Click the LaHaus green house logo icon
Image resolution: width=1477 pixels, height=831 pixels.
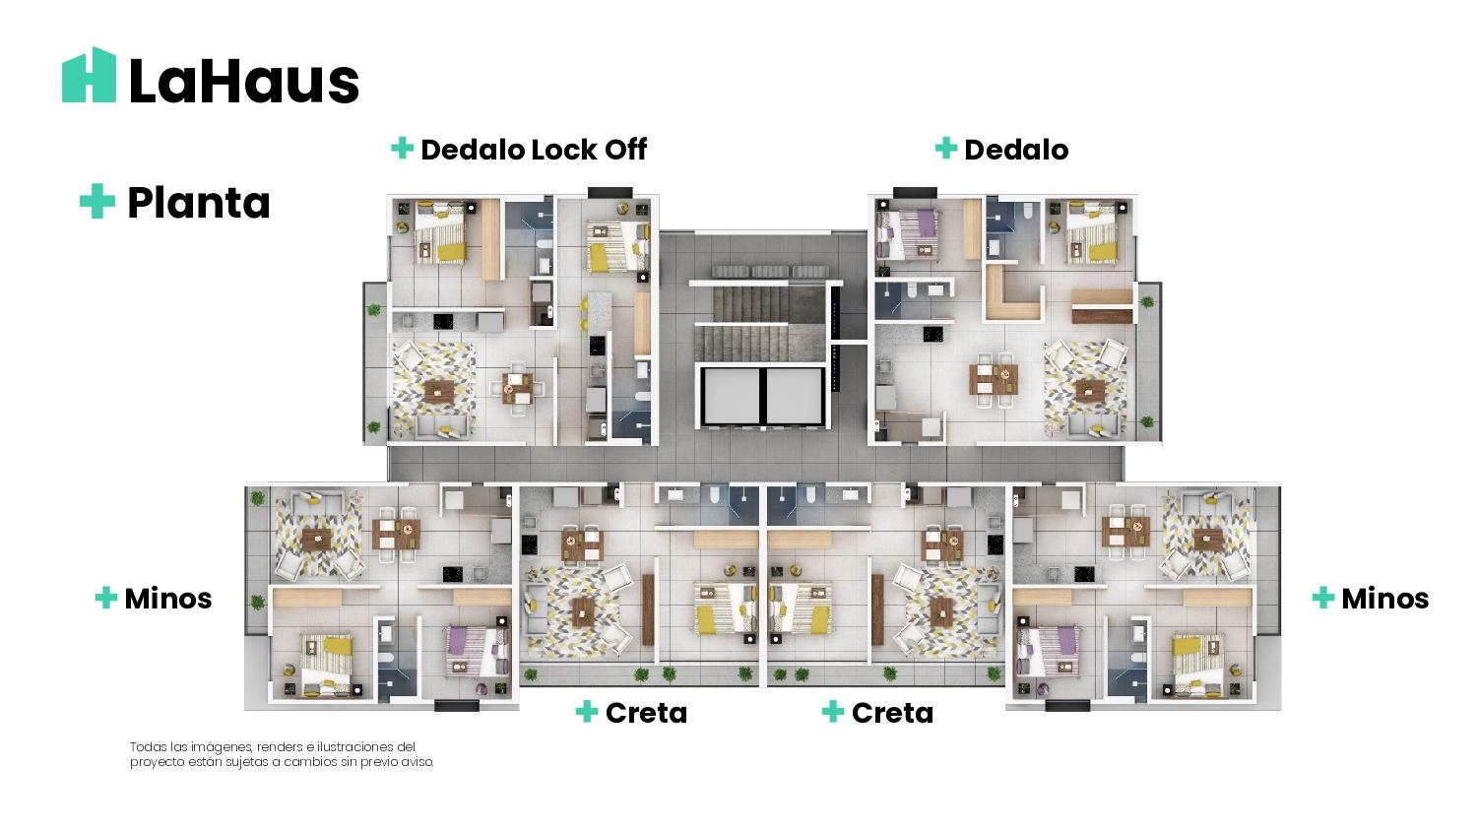coord(89,75)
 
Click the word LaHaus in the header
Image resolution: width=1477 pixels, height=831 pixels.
coord(244,82)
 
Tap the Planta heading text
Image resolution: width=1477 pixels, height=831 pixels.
coord(199,203)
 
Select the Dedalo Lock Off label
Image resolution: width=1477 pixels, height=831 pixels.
coord(534,150)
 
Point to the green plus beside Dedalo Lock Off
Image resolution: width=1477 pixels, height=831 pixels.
coord(402,149)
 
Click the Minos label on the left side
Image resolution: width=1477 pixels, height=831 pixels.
coord(168,599)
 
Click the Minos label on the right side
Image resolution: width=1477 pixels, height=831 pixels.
coord(1384,599)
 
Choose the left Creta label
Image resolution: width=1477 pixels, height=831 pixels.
coord(646,713)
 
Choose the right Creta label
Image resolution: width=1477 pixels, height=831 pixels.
coord(892,713)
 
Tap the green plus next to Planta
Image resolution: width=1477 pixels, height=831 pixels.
coord(97,201)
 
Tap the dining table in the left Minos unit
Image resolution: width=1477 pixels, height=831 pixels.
coord(396,535)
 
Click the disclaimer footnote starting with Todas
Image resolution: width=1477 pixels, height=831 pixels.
coord(282,754)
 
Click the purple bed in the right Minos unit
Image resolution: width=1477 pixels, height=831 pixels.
coord(1049,651)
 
